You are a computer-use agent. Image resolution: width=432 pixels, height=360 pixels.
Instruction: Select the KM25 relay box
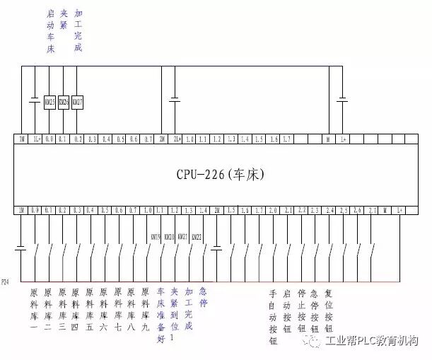coord(49,103)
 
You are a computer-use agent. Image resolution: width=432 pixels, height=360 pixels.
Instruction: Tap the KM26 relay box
coord(64,103)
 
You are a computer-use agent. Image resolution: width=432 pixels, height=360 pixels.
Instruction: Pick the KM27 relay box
coord(78,103)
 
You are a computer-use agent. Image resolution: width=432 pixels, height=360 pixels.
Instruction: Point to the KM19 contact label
coord(156,237)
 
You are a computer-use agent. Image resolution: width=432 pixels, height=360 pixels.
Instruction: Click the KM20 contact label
coord(169,237)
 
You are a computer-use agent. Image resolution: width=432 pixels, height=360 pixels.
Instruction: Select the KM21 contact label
coord(182,237)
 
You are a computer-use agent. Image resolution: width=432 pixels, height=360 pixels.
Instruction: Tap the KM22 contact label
coord(197,237)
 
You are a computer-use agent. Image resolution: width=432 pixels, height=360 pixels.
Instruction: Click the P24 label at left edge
coord(6,281)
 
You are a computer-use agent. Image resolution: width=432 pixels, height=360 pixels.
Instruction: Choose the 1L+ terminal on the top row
coord(36,139)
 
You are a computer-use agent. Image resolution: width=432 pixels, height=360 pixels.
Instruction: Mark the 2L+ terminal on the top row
coord(177,139)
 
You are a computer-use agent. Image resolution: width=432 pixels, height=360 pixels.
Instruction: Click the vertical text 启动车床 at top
coord(49,32)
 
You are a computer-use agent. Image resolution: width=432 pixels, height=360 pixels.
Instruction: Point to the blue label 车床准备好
coord(160,314)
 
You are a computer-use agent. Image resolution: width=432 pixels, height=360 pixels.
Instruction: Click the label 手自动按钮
coord(273,316)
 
